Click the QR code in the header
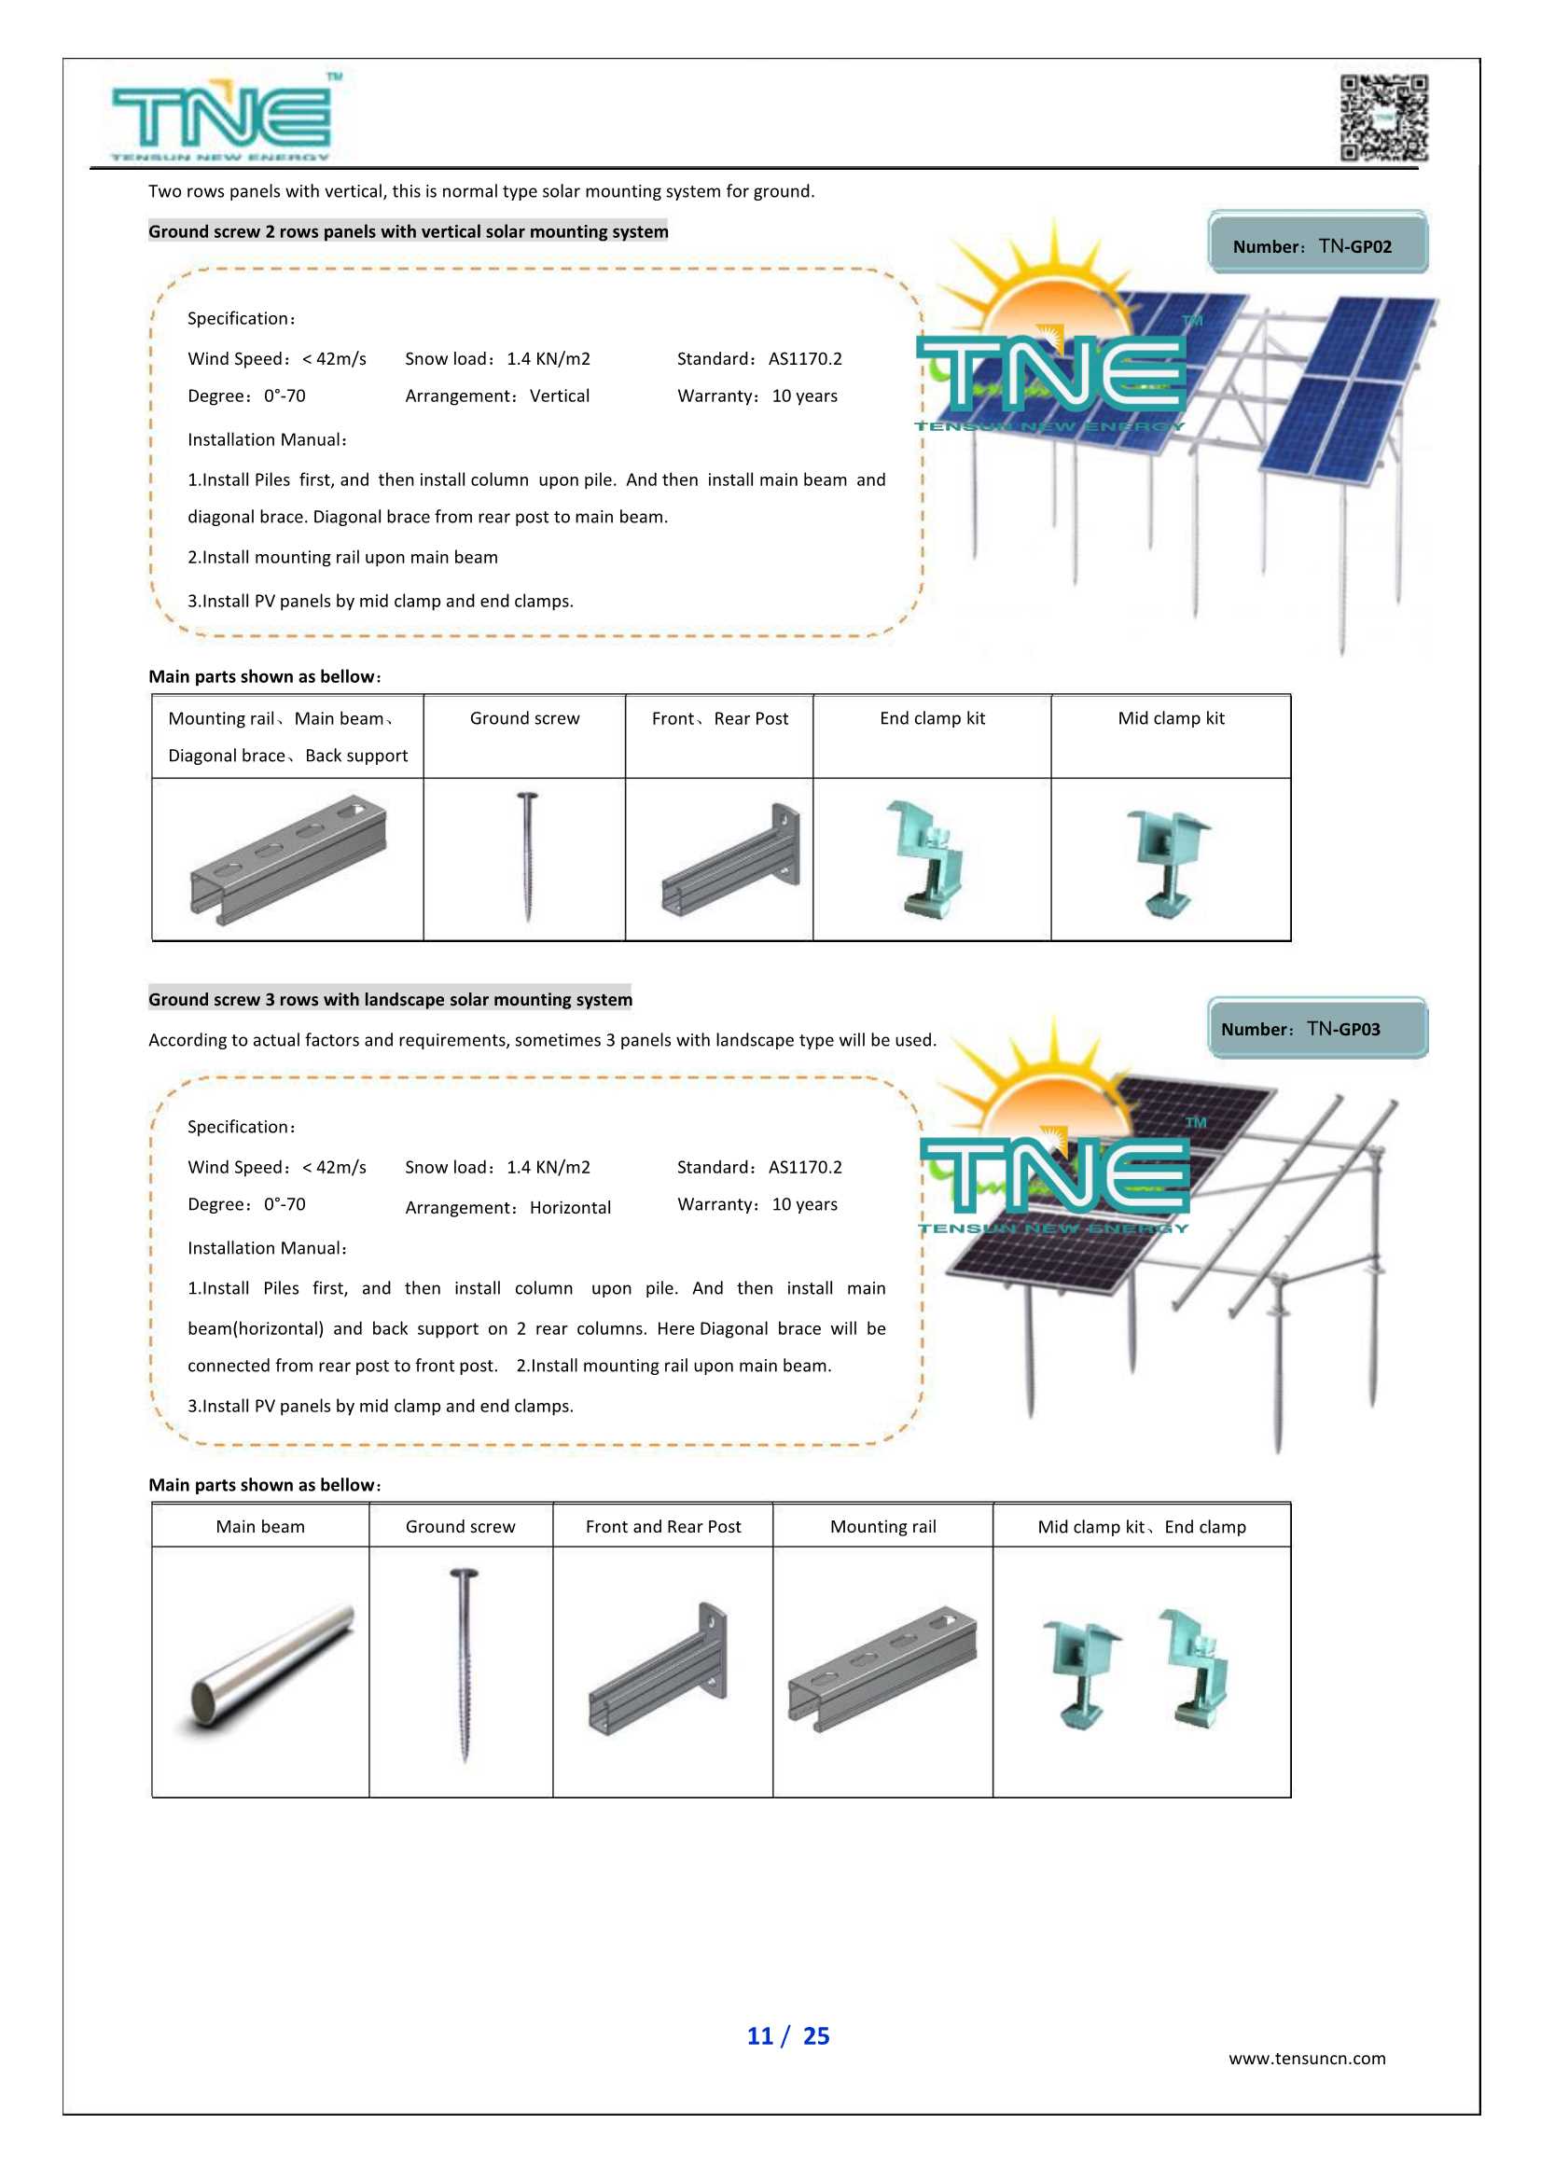coord(1383,118)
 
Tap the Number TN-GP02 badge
coord(1317,243)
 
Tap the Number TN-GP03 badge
coord(1317,1028)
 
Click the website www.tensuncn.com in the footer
coord(1307,2058)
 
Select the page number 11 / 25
coord(787,2034)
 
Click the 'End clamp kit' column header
coord(932,718)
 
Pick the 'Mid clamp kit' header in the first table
coord(1170,718)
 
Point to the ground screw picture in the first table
coord(527,857)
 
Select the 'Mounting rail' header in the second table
coord(882,1526)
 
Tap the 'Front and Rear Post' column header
coord(662,1526)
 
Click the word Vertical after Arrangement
coord(559,396)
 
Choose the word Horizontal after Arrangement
coord(569,1207)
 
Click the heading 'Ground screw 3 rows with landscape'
coord(390,999)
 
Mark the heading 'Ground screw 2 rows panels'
coord(408,231)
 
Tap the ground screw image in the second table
coord(463,1666)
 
